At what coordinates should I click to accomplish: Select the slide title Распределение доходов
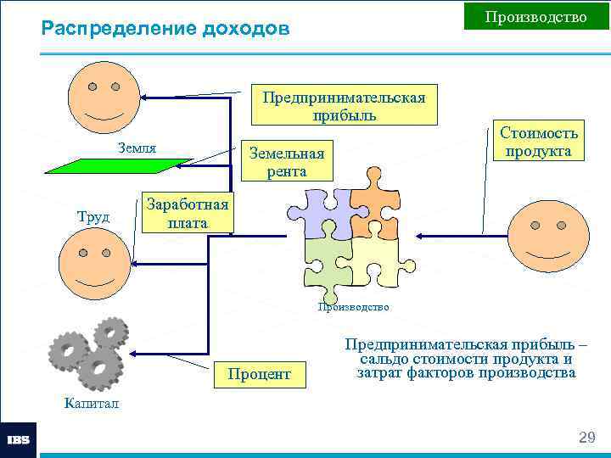pos(165,29)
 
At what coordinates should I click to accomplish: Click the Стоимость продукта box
pos(539,142)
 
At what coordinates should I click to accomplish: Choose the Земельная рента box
pos(285,161)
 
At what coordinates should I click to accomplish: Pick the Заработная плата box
pos(187,213)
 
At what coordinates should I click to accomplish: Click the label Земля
pos(137,148)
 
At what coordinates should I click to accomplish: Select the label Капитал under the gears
pos(92,403)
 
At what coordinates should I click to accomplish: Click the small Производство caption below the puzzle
pos(353,307)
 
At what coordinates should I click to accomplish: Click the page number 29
pos(586,438)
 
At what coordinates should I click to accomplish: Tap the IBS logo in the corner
pos(19,440)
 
